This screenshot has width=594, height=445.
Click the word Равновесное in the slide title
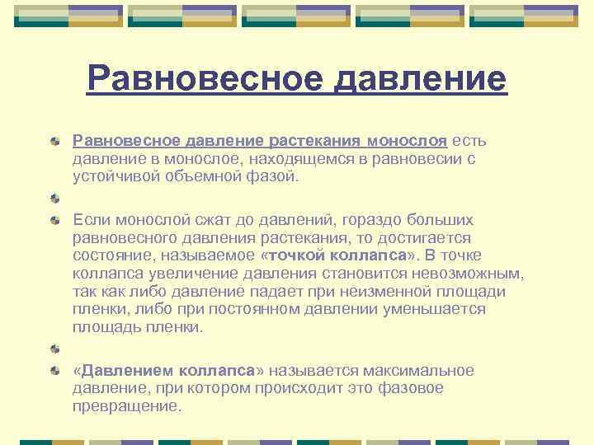point(200,80)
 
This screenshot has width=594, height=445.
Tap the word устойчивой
point(115,176)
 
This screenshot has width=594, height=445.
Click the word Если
point(91,220)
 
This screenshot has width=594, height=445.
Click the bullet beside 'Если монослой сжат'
point(55,221)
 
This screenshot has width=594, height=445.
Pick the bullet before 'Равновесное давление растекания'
point(55,142)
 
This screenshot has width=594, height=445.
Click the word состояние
point(114,255)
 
